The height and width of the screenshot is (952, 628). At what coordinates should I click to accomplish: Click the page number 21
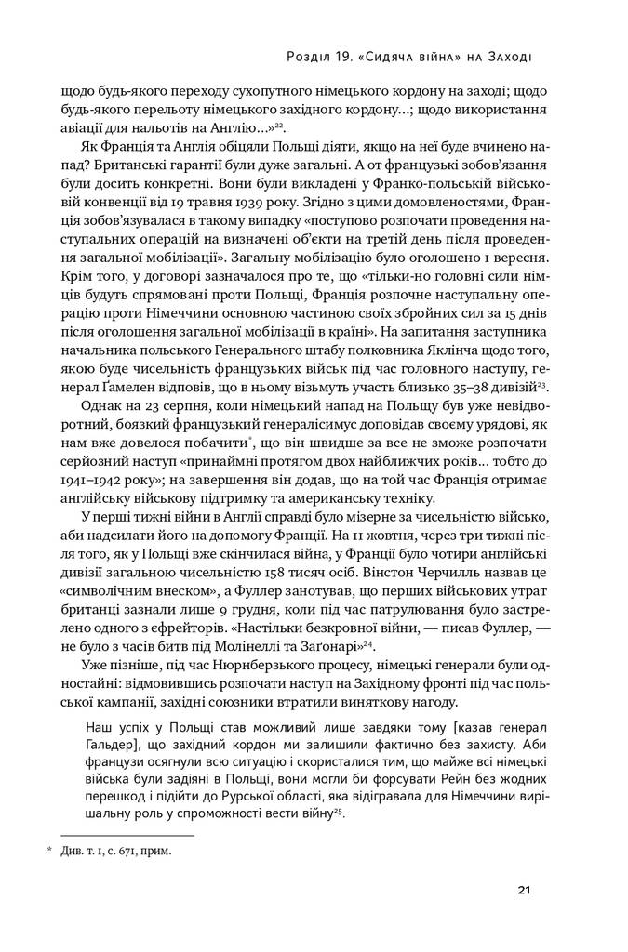click(x=524, y=891)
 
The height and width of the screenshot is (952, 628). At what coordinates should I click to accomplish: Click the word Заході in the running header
click(x=508, y=58)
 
